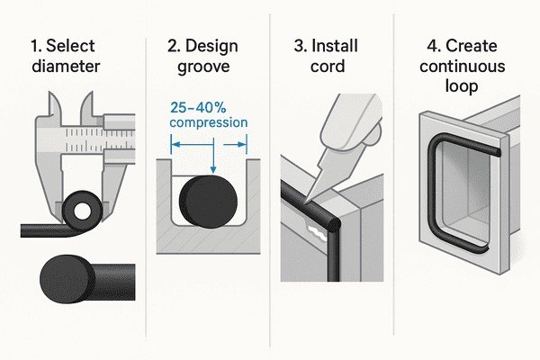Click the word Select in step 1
(69, 45)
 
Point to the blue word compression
(210, 122)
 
